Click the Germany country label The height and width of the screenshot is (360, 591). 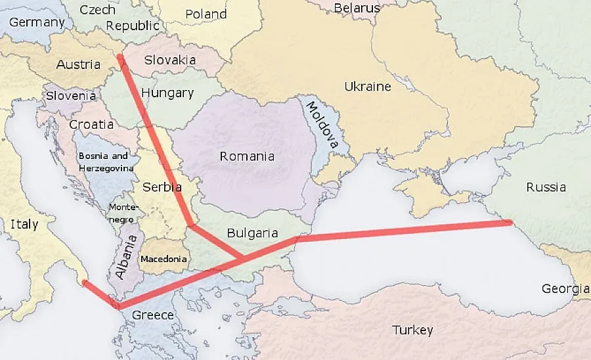[x=37, y=22]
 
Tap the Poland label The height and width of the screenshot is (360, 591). [x=206, y=14]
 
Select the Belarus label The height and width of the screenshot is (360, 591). [x=357, y=8]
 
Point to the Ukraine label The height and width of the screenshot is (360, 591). [x=367, y=86]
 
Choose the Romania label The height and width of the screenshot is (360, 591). [x=247, y=156]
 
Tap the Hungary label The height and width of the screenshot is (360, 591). [x=167, y=93]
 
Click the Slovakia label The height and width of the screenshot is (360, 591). [x=170, y=60]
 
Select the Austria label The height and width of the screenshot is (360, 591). [x=78, y=64]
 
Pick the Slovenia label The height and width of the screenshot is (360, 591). [x=71, y=95]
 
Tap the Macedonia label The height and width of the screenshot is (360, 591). [x=164, y=259]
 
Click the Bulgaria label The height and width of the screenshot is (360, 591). [x=252, y=233]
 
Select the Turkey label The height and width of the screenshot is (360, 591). [x=412, y=330]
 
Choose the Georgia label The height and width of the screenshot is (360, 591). [x=564, y=288]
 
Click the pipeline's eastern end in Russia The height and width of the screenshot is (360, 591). [x=510, y=223]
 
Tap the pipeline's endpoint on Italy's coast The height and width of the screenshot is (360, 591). [x=83, y=282]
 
